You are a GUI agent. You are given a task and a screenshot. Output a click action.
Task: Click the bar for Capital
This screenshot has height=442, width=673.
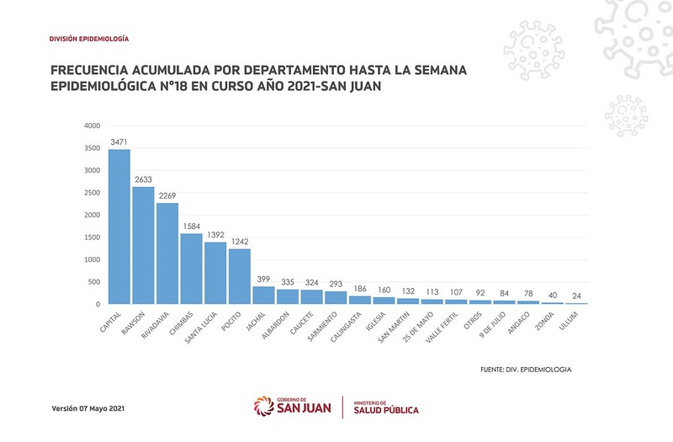[x=119, y=226]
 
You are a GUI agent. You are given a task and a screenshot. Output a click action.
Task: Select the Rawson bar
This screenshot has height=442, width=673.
[x=144, y=245]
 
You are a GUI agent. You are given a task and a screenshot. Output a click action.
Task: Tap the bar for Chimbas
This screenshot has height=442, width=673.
[x=192, y=269]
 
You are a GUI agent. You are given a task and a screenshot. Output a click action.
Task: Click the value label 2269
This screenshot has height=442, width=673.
[x=167, y=196]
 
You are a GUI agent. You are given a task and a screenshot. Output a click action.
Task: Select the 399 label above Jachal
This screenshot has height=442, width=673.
[x=263, y=280]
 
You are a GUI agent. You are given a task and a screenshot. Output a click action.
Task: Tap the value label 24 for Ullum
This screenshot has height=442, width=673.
[x=576, y=296]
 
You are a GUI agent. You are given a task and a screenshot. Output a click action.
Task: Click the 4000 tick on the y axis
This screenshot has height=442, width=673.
[x=93, y=126]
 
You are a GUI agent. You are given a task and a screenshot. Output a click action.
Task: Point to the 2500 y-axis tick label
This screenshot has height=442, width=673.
[x=93, y=193]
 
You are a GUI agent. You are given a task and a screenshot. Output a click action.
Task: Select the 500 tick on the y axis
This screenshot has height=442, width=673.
[x=94, y=282]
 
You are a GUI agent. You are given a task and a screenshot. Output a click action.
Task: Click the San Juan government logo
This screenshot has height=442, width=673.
[x=292, y=407]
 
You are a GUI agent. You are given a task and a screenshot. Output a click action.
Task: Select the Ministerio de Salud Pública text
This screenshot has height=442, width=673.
[x=385, y=407]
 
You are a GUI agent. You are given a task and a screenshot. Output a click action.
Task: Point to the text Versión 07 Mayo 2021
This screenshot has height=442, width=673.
[x=88, y=409]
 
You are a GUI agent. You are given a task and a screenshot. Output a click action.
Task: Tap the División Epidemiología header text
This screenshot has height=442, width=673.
[x=89, y=40]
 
